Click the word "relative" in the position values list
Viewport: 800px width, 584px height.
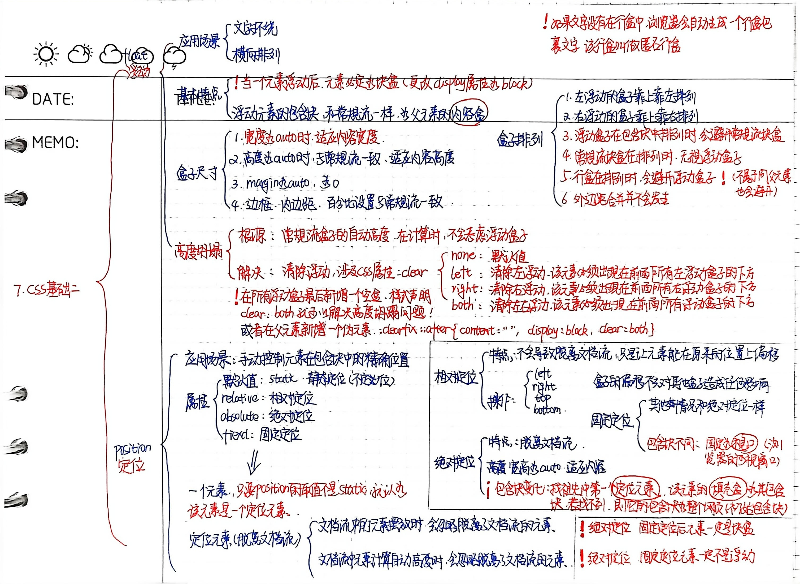[240, 398]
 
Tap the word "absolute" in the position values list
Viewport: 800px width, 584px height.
[240, 417]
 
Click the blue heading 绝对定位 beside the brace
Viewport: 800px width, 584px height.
[455, 462]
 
